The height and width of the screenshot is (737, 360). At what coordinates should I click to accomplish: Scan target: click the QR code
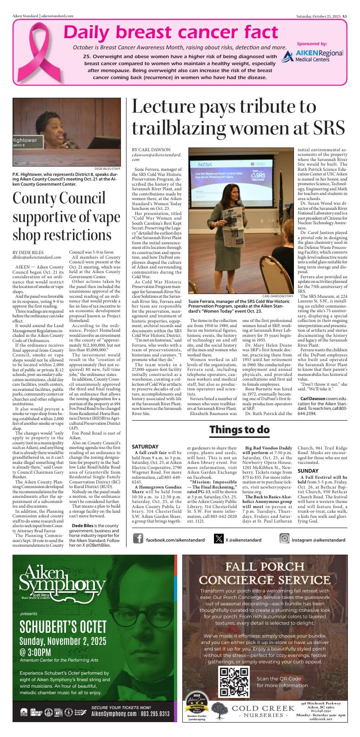pyautogui.click(x=234, y=683)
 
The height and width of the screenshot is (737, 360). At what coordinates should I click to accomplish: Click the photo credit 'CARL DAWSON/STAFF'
pyautogui.click(x=278, y=295)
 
